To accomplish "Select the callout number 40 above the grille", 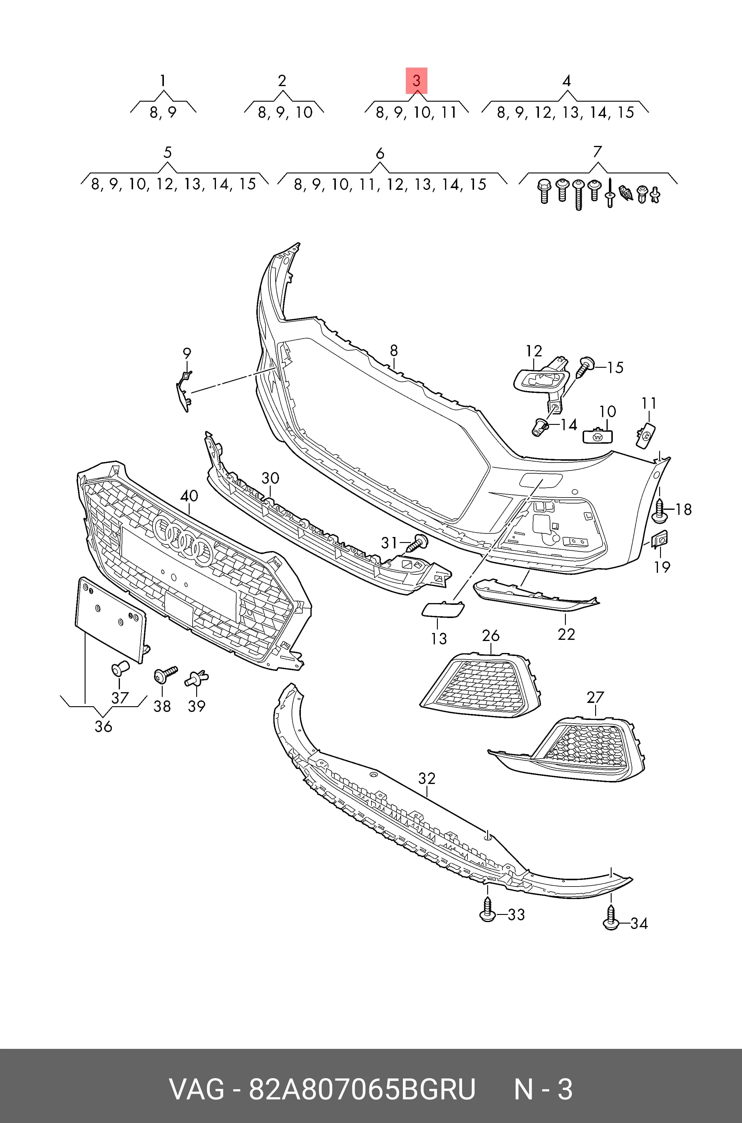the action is pyautogui.click(x=189, y=496).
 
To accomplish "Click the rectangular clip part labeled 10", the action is pyautogui.click(x=597, y=435).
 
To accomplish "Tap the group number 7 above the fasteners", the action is pyautogui.click(x=597, y=152).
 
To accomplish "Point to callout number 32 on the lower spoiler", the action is pyautogui.click(x=427, y=778).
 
